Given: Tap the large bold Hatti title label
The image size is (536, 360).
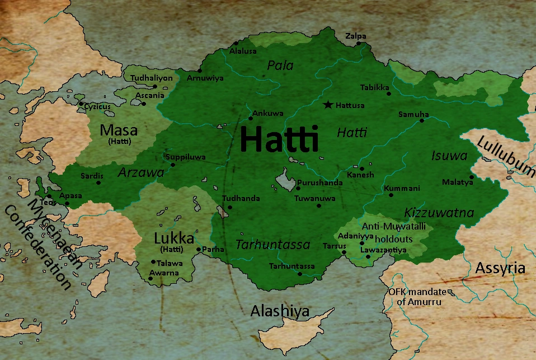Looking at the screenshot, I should click(x=279, y=139).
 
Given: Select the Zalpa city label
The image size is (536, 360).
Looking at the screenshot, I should click(x=356, y=36).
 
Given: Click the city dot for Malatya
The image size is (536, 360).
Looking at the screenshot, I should click(x=472, y=177).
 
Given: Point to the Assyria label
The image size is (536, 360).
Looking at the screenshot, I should click(x=500, y=268).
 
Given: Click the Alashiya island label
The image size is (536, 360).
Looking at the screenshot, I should click(x=280, y=311).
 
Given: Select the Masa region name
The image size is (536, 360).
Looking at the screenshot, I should click(x=119, y=130).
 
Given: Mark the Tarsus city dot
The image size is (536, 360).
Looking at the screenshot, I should click(x=344, y=253).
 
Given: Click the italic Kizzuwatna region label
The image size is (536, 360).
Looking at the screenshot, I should click(x=439, y=213).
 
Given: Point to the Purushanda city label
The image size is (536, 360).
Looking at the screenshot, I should click(x=319, y=183).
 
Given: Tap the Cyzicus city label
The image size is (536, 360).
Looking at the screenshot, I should click(x=97, y=105).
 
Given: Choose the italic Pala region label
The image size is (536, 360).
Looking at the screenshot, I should click(x=280, y=66).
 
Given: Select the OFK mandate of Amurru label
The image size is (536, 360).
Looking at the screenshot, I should click(x=415, y=297).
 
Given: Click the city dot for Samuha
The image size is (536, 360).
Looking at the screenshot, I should click(x=427, y=120).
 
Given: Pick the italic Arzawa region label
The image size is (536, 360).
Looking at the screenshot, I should click(x=141, y=172).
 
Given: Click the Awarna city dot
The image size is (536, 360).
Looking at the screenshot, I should click(x=151, y=278).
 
